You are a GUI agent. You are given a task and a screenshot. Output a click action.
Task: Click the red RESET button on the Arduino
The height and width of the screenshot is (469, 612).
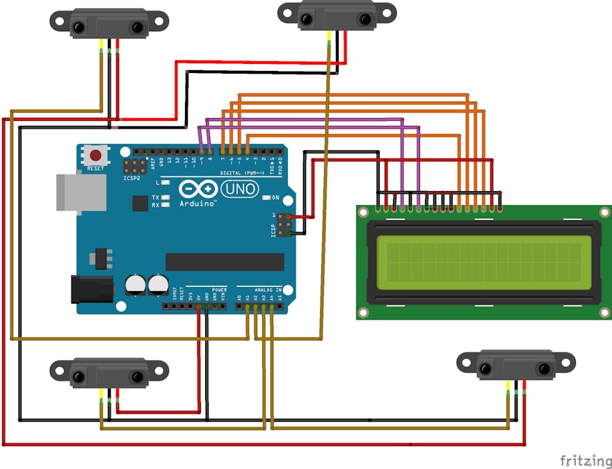click(x=95, y=156)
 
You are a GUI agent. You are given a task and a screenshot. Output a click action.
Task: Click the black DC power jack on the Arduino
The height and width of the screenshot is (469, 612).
click(x=91, y=289)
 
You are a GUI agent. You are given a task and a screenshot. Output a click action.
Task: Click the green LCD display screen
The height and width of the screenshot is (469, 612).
click(x=484, y=262)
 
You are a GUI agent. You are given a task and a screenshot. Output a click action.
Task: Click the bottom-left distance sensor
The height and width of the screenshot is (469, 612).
click(x=109, y=373)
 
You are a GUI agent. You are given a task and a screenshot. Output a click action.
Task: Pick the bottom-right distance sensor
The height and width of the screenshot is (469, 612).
click(x=515, y=365)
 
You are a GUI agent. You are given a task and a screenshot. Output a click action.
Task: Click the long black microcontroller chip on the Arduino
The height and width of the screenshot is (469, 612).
click(x=225, y=262)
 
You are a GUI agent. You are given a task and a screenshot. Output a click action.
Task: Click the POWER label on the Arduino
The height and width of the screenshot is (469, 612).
click(x=219, y=290)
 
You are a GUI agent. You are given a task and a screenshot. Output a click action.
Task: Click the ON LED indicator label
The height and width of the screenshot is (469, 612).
click(x=275, y=197)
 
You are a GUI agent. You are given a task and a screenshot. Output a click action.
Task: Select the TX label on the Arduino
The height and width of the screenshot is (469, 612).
click(x=155, y=197)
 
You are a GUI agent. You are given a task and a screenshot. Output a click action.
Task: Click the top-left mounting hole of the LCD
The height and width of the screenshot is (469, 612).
click(x=364, y=213)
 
